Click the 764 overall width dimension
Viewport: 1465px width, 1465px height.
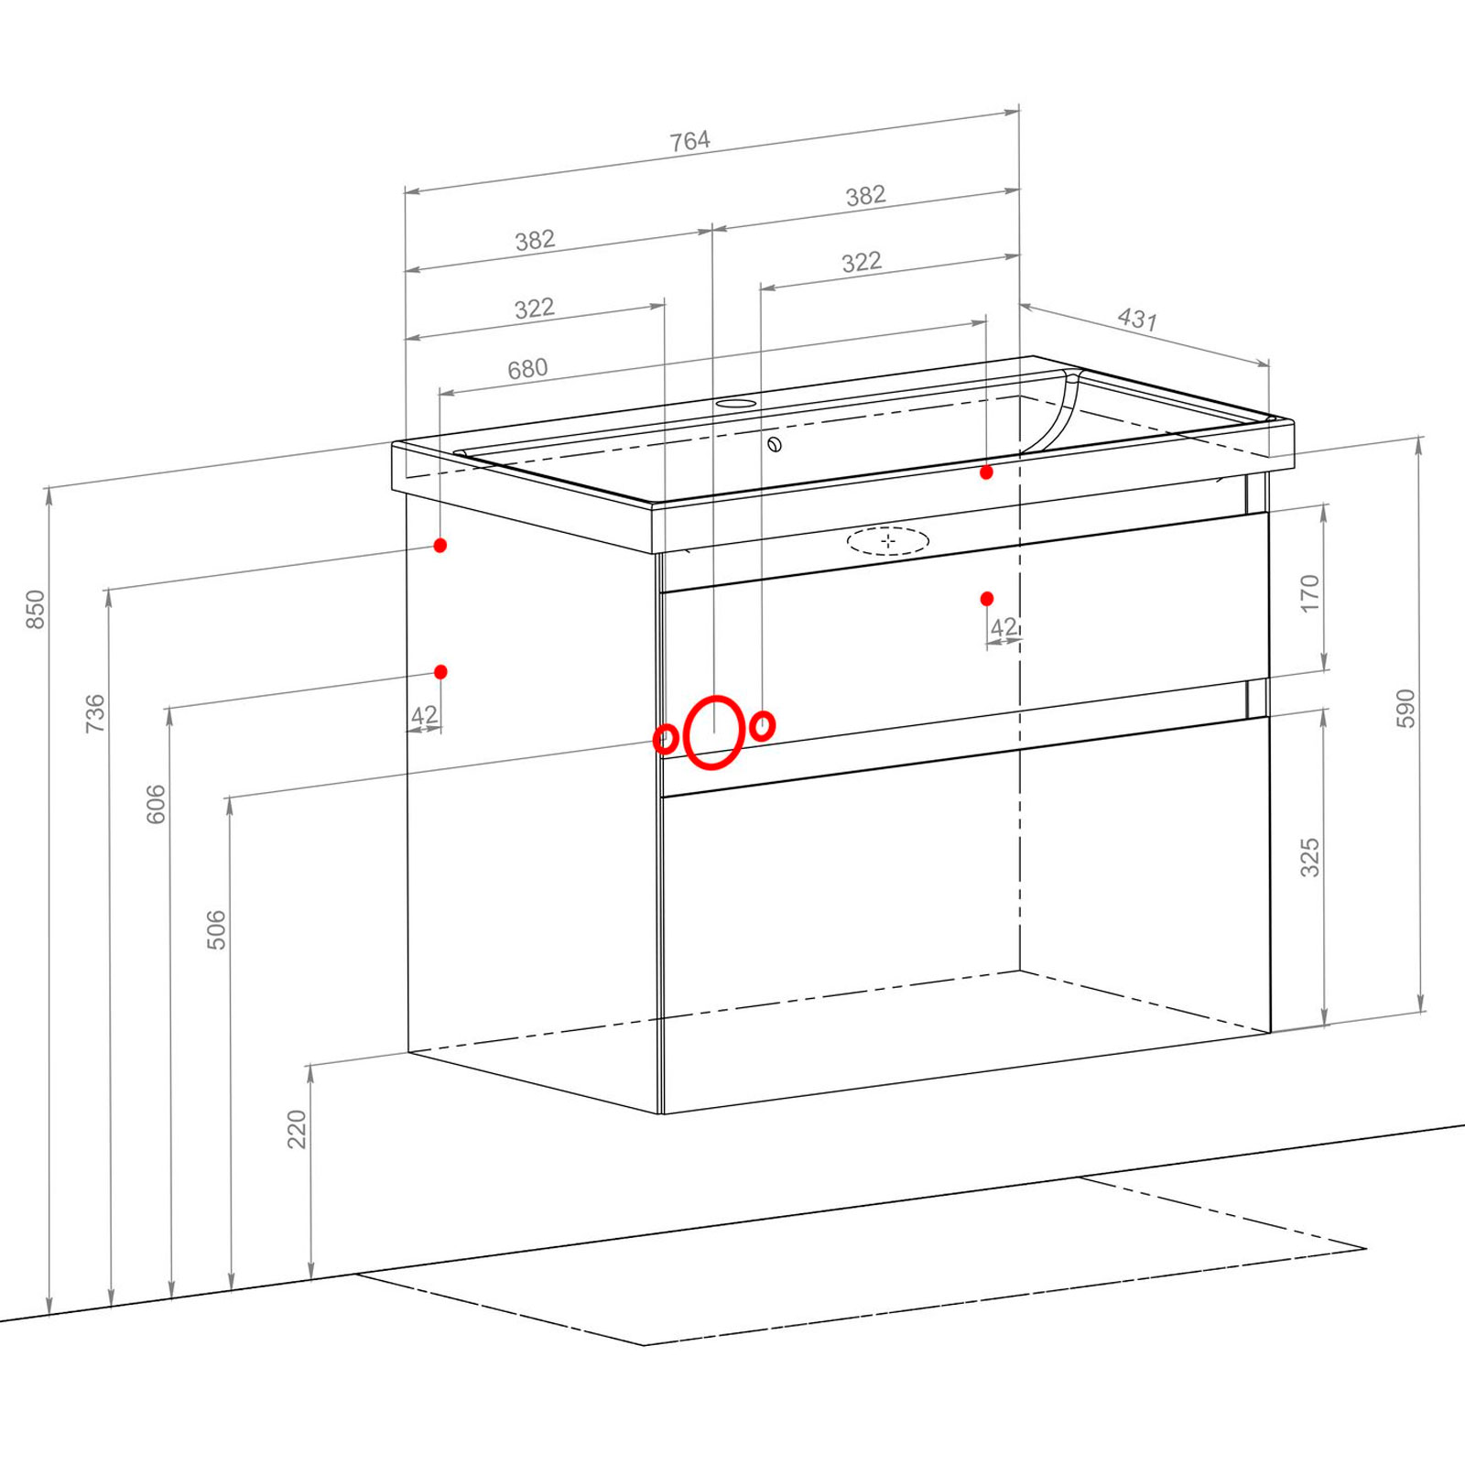pos(689,141)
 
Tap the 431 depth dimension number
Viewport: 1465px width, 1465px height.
pos(1137,319)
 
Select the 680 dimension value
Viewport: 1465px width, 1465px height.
pos(527,369)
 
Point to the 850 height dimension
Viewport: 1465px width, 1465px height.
pos(35,609)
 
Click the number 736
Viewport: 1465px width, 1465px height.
pos(95,713)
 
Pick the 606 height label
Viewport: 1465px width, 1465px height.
pos(157,804)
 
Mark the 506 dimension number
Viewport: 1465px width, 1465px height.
pos(216,929)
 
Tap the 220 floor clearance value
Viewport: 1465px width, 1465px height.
pos(297,1129)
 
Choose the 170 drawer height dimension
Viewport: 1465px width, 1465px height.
pos(1310,593)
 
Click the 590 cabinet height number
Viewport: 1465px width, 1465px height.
pos(1405,709)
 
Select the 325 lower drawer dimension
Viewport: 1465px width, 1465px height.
pos(1310,857)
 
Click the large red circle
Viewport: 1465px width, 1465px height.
pos(713,732)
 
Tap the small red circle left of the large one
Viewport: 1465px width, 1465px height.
pos(666,738)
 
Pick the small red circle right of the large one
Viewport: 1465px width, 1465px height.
pos(763,726)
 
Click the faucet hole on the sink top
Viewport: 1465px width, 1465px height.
pos(735,403)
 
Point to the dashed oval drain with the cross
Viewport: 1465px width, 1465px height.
pos(888,541)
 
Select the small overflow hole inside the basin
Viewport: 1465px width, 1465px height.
pos(776,445)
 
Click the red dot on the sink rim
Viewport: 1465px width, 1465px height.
pos(986,472)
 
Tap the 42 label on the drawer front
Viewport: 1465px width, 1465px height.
pos(1004,627)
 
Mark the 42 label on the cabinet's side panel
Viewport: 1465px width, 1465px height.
pos(424,715)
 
